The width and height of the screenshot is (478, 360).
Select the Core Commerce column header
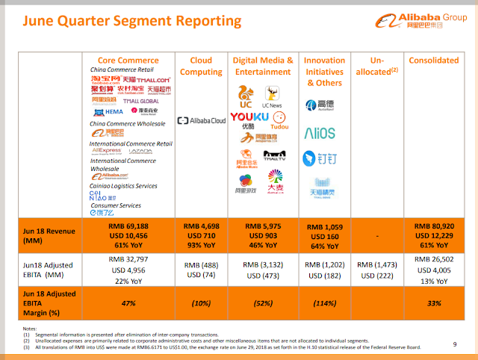coord(128,60)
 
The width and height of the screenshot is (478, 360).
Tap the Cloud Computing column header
coord(201,65)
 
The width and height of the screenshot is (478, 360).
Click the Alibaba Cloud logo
coord(201,120)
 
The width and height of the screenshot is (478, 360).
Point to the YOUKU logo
coord(249,117)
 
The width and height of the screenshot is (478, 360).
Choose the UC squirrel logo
coord(244,93)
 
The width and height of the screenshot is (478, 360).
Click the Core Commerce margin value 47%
coord(128,303)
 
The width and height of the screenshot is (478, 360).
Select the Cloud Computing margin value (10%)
coord(201,303)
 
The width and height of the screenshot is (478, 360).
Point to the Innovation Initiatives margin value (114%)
coord(324,303)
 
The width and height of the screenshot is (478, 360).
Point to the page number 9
coord(455,344)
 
